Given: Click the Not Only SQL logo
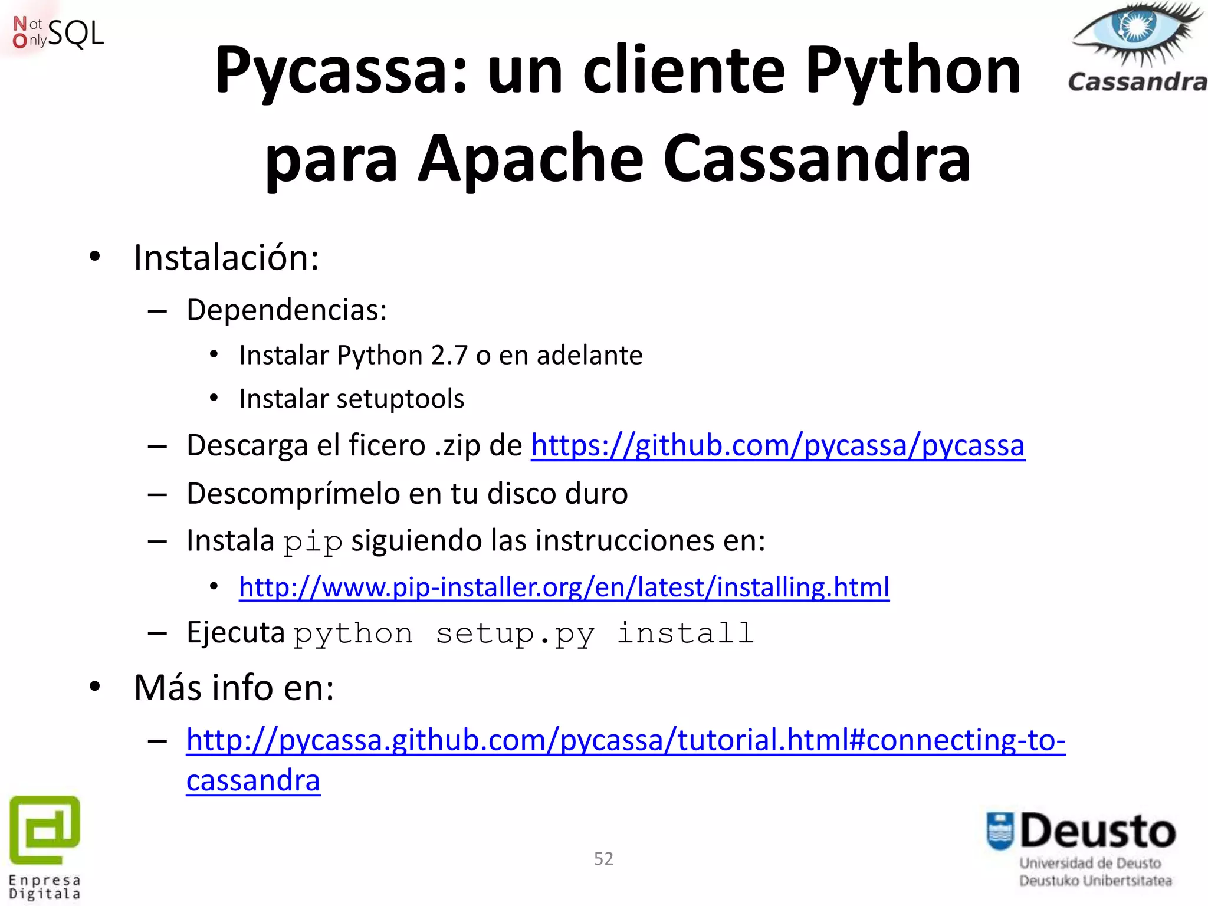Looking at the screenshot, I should [x=58, y=33].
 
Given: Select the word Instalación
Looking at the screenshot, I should [x=226, y=258].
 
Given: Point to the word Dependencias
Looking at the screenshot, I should [x=286, y=310].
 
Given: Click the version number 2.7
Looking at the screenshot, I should [x=449, y=356].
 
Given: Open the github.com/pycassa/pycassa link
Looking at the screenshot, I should [x=777, y=445].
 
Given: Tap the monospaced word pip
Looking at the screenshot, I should [x=313, y=542].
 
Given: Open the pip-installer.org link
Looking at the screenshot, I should [x=564, y=587].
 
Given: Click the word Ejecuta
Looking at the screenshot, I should [x=235, y=633].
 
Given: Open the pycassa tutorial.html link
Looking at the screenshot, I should [x=625, y=740].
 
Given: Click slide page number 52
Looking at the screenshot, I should [x=603, y=859].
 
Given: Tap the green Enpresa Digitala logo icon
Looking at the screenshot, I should [x=45, y=828].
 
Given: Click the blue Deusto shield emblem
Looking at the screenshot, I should [x=1000, y=831].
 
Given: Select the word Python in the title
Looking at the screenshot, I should [x=912, y=72].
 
